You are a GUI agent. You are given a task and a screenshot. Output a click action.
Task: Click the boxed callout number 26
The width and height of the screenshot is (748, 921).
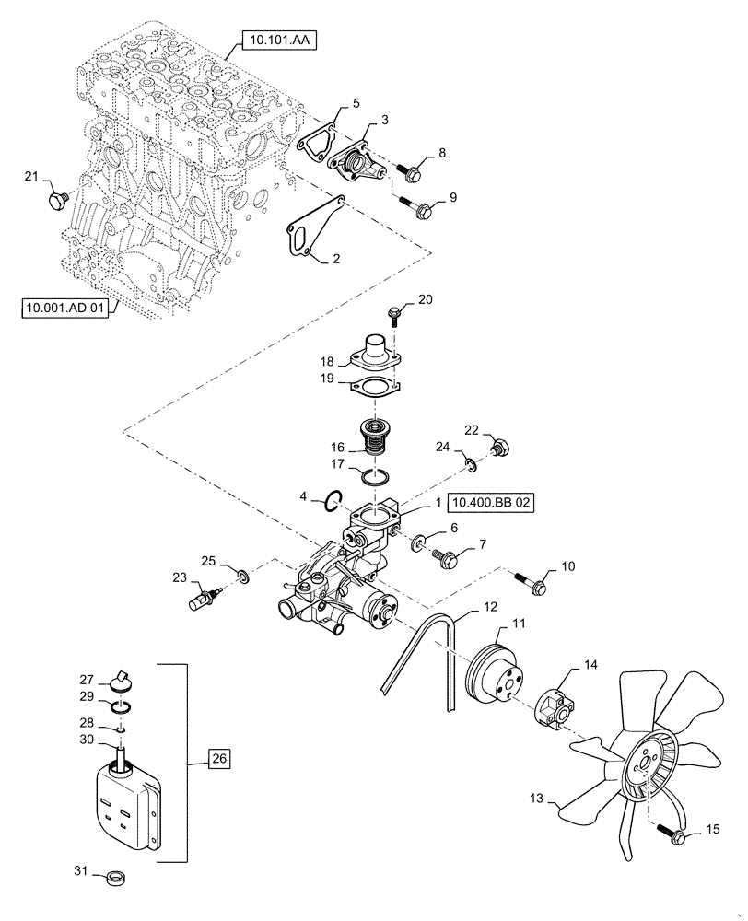(x=218, y=759)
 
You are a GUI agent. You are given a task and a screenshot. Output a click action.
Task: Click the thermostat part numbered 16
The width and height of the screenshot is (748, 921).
(x=374, y=437)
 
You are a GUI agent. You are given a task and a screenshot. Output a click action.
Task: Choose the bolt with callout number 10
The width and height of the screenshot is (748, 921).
(x=535, y=582)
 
